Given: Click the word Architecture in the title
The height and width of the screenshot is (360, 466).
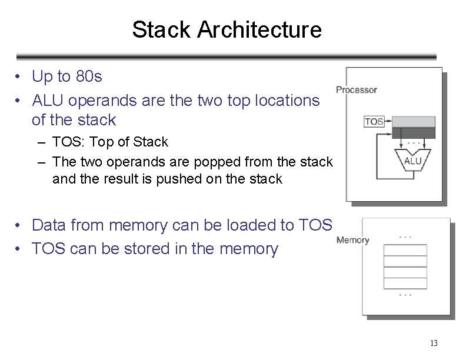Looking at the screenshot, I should pyautogui.click(x=259, y=29).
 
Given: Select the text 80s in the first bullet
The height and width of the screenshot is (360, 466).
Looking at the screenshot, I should pyautogui.click(x=89, y=76).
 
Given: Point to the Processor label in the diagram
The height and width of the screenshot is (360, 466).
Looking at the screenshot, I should pyautogui.click(x=356, y=90).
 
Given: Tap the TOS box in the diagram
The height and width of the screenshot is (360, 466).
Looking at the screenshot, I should pyautogui.click(x=374, y=122).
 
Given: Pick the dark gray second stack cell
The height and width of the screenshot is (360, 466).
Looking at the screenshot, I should pyautogui.click(x=414, y=133).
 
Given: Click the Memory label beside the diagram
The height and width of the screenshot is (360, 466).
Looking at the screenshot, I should pyautogui.click(x=352, y=240).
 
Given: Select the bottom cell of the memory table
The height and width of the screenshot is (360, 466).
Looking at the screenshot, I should pyautogui.click(x=405, y=283).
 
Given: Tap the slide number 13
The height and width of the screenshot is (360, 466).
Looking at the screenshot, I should pyautogui.click(x=434, y=343).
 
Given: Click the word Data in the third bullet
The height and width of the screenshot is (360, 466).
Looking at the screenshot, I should pyautogui.click(x=49, y=225).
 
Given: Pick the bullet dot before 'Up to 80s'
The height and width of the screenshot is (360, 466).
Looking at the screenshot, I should pyautogui.click(x=20, y=77).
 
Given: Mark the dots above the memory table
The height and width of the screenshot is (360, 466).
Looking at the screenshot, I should pyautogui.click(x=405, y=237).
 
